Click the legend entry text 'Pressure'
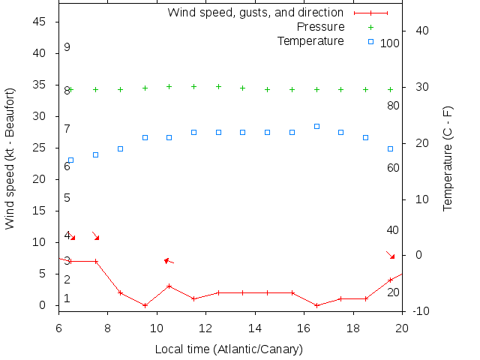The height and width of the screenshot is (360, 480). coord(321,27)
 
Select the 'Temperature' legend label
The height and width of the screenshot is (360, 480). coord(310,40)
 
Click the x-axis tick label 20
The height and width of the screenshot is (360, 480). coord(402,328)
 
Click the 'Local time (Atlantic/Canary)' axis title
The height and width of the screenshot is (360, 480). coord(228,349)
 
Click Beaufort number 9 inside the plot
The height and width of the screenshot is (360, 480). coord(67,47)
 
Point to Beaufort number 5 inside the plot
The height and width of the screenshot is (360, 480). coord(67,198)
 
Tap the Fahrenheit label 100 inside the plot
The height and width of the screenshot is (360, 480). coord(389,43)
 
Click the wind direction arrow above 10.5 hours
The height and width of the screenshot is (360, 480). coord(169,261)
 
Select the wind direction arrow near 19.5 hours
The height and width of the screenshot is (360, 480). coord(390,255)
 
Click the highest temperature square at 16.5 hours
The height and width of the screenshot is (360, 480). coord(316,126)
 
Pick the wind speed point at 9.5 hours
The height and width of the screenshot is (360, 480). coord(145,305)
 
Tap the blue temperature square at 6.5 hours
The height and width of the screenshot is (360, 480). coord(70,160)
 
